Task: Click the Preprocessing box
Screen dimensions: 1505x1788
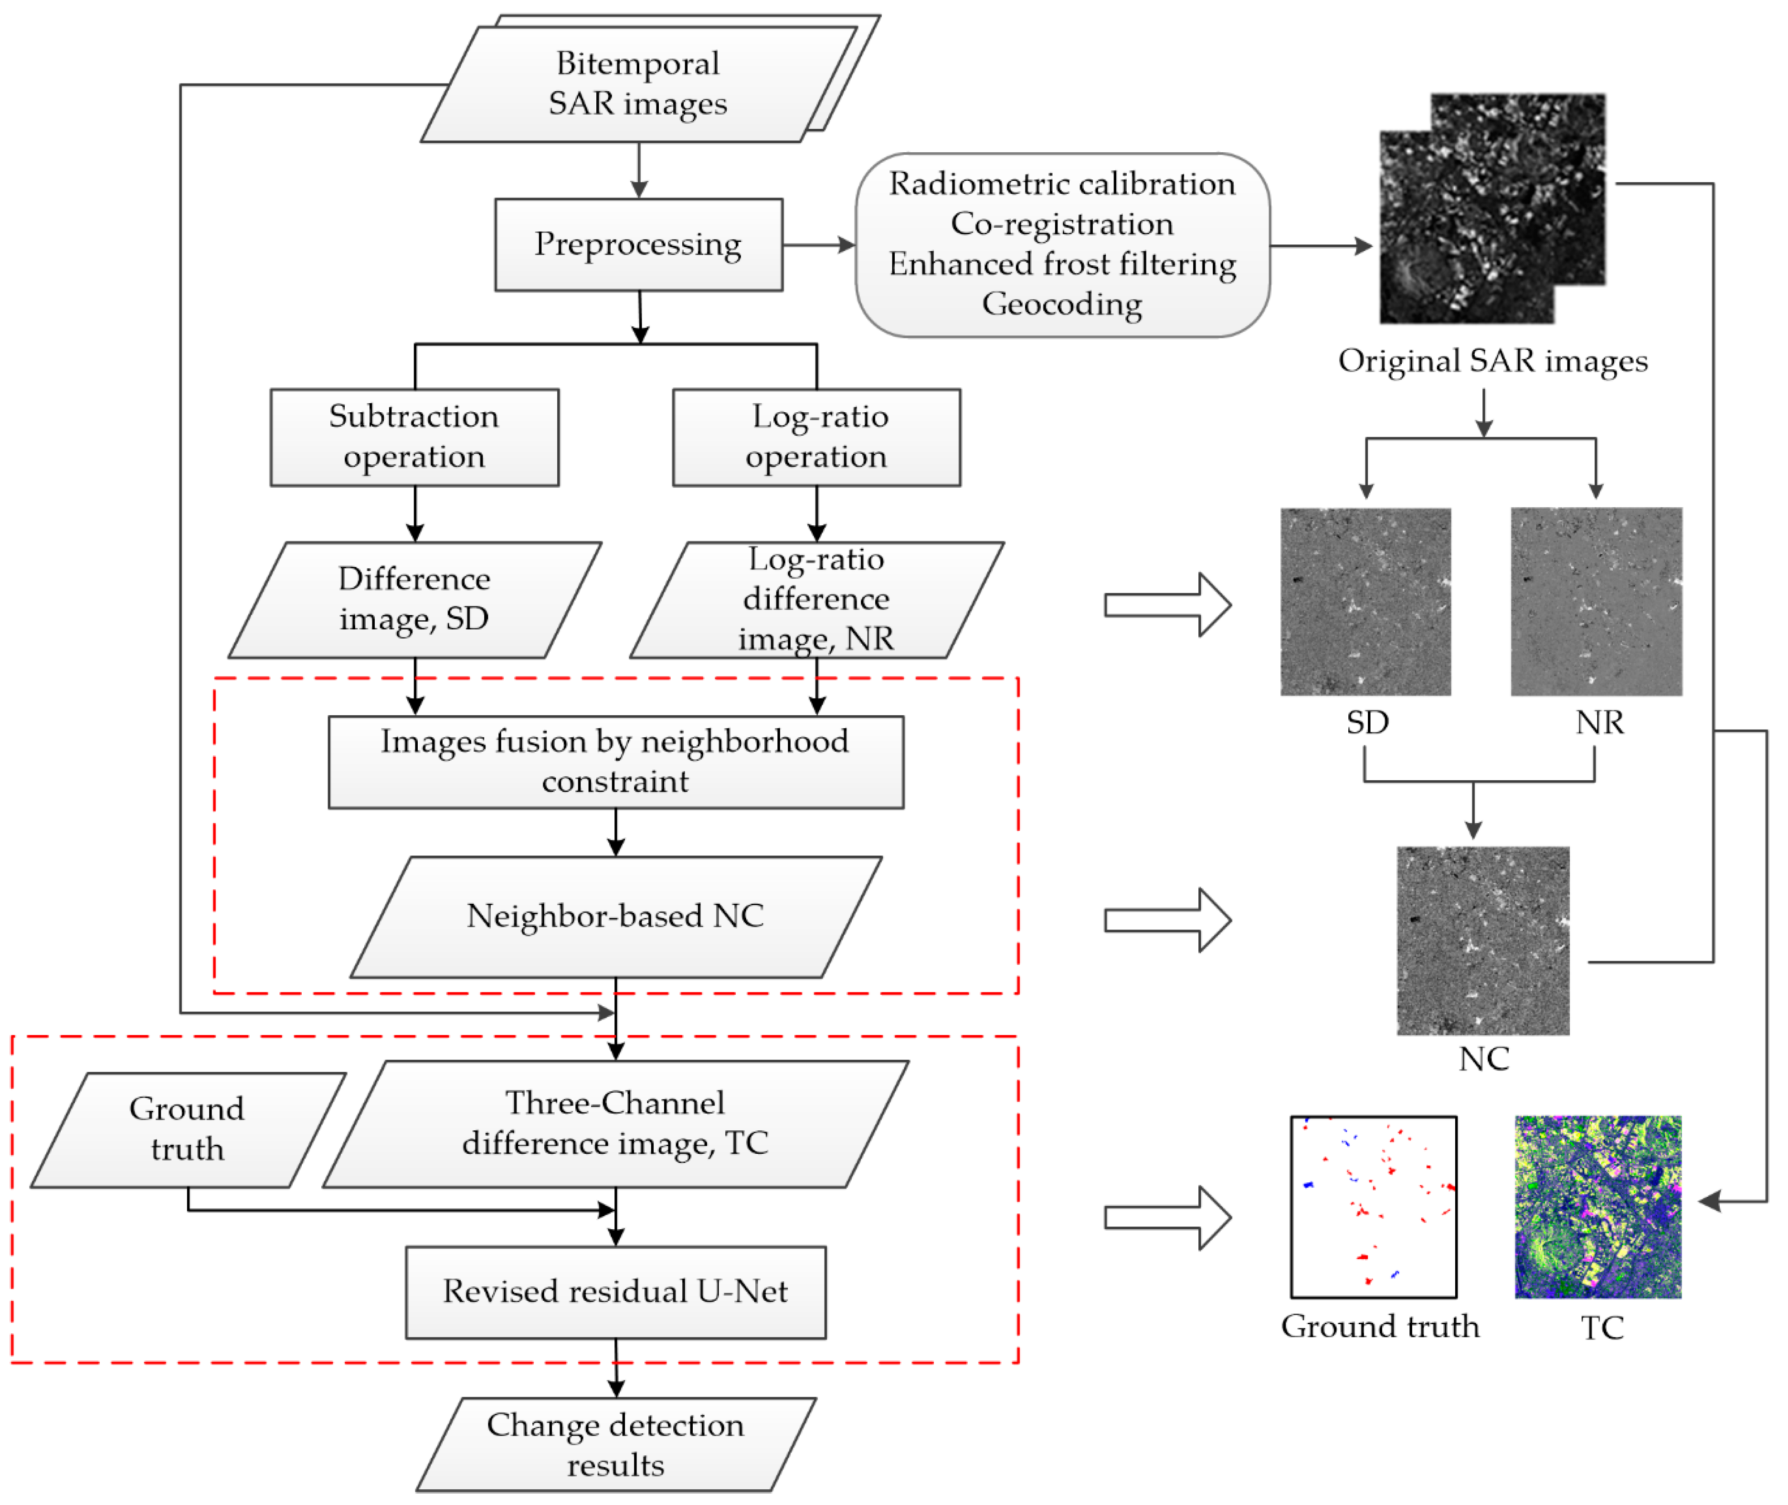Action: pos(638,245)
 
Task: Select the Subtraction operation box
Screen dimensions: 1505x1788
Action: pos(415,437)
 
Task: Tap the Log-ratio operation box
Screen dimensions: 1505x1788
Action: pos(817,437)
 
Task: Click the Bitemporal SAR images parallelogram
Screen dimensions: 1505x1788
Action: pos(638,84)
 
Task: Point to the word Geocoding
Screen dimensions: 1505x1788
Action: pos(1062,304)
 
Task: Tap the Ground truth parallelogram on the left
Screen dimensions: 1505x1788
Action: pos(188,1129)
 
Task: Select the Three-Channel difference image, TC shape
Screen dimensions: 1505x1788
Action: pos(615,1124)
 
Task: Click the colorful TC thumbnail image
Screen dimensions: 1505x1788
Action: pos(1598,1206)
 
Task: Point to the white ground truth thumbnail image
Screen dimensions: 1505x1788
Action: pos(1373,1206)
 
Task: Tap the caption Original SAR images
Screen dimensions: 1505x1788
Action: pos(1492,361)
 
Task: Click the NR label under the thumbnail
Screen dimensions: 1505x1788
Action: pos(1598,722)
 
